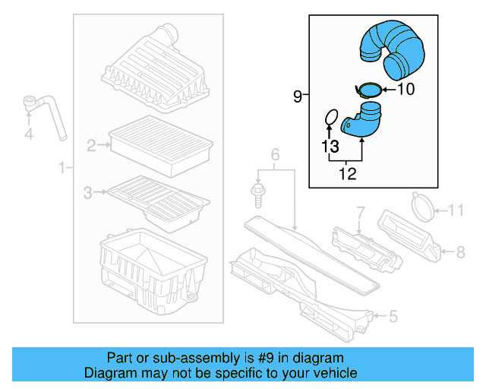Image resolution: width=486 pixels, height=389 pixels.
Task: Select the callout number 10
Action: (406, 90)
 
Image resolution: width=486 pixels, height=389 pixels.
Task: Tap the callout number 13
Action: (329, 145)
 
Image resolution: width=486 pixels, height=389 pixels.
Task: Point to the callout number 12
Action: (347, 175)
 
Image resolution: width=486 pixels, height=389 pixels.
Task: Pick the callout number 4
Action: (29, 135)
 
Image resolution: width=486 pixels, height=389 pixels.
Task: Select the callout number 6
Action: (275, 156)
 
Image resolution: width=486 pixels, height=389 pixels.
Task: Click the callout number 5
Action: (393, 315)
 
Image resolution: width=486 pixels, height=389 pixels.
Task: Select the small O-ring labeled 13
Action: (330, 117)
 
